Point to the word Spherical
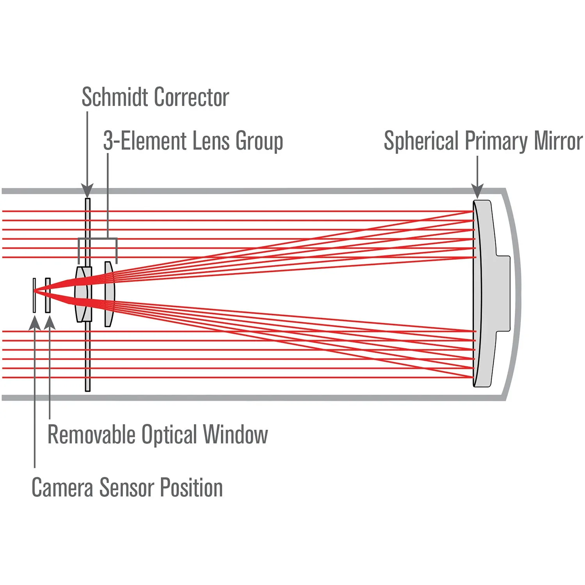click(421, 141)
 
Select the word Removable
click(91, 434)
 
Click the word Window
click(236, 434)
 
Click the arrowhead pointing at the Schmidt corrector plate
click(87, 191)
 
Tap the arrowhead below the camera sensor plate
click(35, 323)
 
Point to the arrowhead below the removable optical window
click(50, 323)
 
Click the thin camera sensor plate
click(34, 295)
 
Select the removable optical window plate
click(48, 295)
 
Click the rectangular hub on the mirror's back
click(503, 293)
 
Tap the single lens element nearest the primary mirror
click(109, 294)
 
